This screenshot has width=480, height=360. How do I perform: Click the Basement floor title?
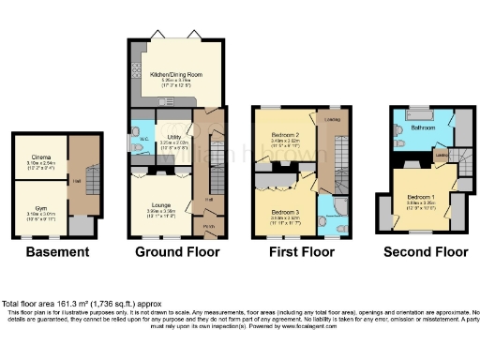[x=57, y=251]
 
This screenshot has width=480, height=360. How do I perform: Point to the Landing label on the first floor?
[x=330, y=119]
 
